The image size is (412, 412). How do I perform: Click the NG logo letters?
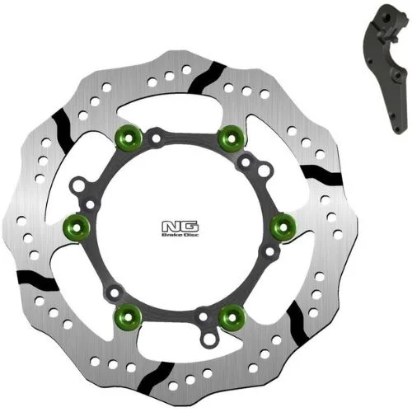point(180,227)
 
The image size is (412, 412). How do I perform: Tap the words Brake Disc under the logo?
point(180,235)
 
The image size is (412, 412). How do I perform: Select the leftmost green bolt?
point(77,227)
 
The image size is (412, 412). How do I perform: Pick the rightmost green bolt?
point(283,227)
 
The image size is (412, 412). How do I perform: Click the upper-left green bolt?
point(129,138)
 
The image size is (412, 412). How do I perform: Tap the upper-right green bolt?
point(232,138)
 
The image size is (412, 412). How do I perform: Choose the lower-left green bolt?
point(127,317)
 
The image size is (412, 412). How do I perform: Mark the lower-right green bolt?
point(232,318)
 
